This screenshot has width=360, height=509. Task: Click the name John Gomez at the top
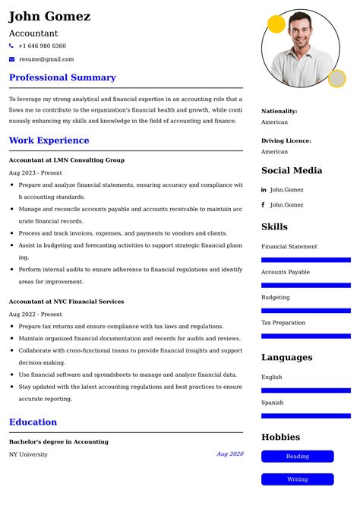(49, 16)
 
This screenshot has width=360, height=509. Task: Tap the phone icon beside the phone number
(11, 46)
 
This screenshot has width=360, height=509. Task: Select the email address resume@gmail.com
(46, 58)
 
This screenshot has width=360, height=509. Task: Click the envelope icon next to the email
(11, 58)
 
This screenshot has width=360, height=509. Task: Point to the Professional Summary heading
(62, 77)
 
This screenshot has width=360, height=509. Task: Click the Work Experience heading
(49, 141)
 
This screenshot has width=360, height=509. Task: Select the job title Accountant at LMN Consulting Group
(67, 160)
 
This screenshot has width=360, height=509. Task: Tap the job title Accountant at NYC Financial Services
(66, 302)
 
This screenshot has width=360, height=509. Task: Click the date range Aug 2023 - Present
(36, 172)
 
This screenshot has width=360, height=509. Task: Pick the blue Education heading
(33, 422)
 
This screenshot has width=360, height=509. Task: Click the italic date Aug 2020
(229, 454)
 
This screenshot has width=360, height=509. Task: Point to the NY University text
(28, 454)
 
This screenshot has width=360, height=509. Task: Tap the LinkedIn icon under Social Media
(264, 190)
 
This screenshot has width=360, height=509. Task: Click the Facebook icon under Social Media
(264, 204)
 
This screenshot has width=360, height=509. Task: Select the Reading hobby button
(297, 457)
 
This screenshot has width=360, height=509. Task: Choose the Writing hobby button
(297, 479)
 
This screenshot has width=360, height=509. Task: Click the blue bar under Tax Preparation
(305, 336)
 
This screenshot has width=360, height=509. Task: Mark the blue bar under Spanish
(305, 416)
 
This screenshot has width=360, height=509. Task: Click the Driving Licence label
(286, 141)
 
